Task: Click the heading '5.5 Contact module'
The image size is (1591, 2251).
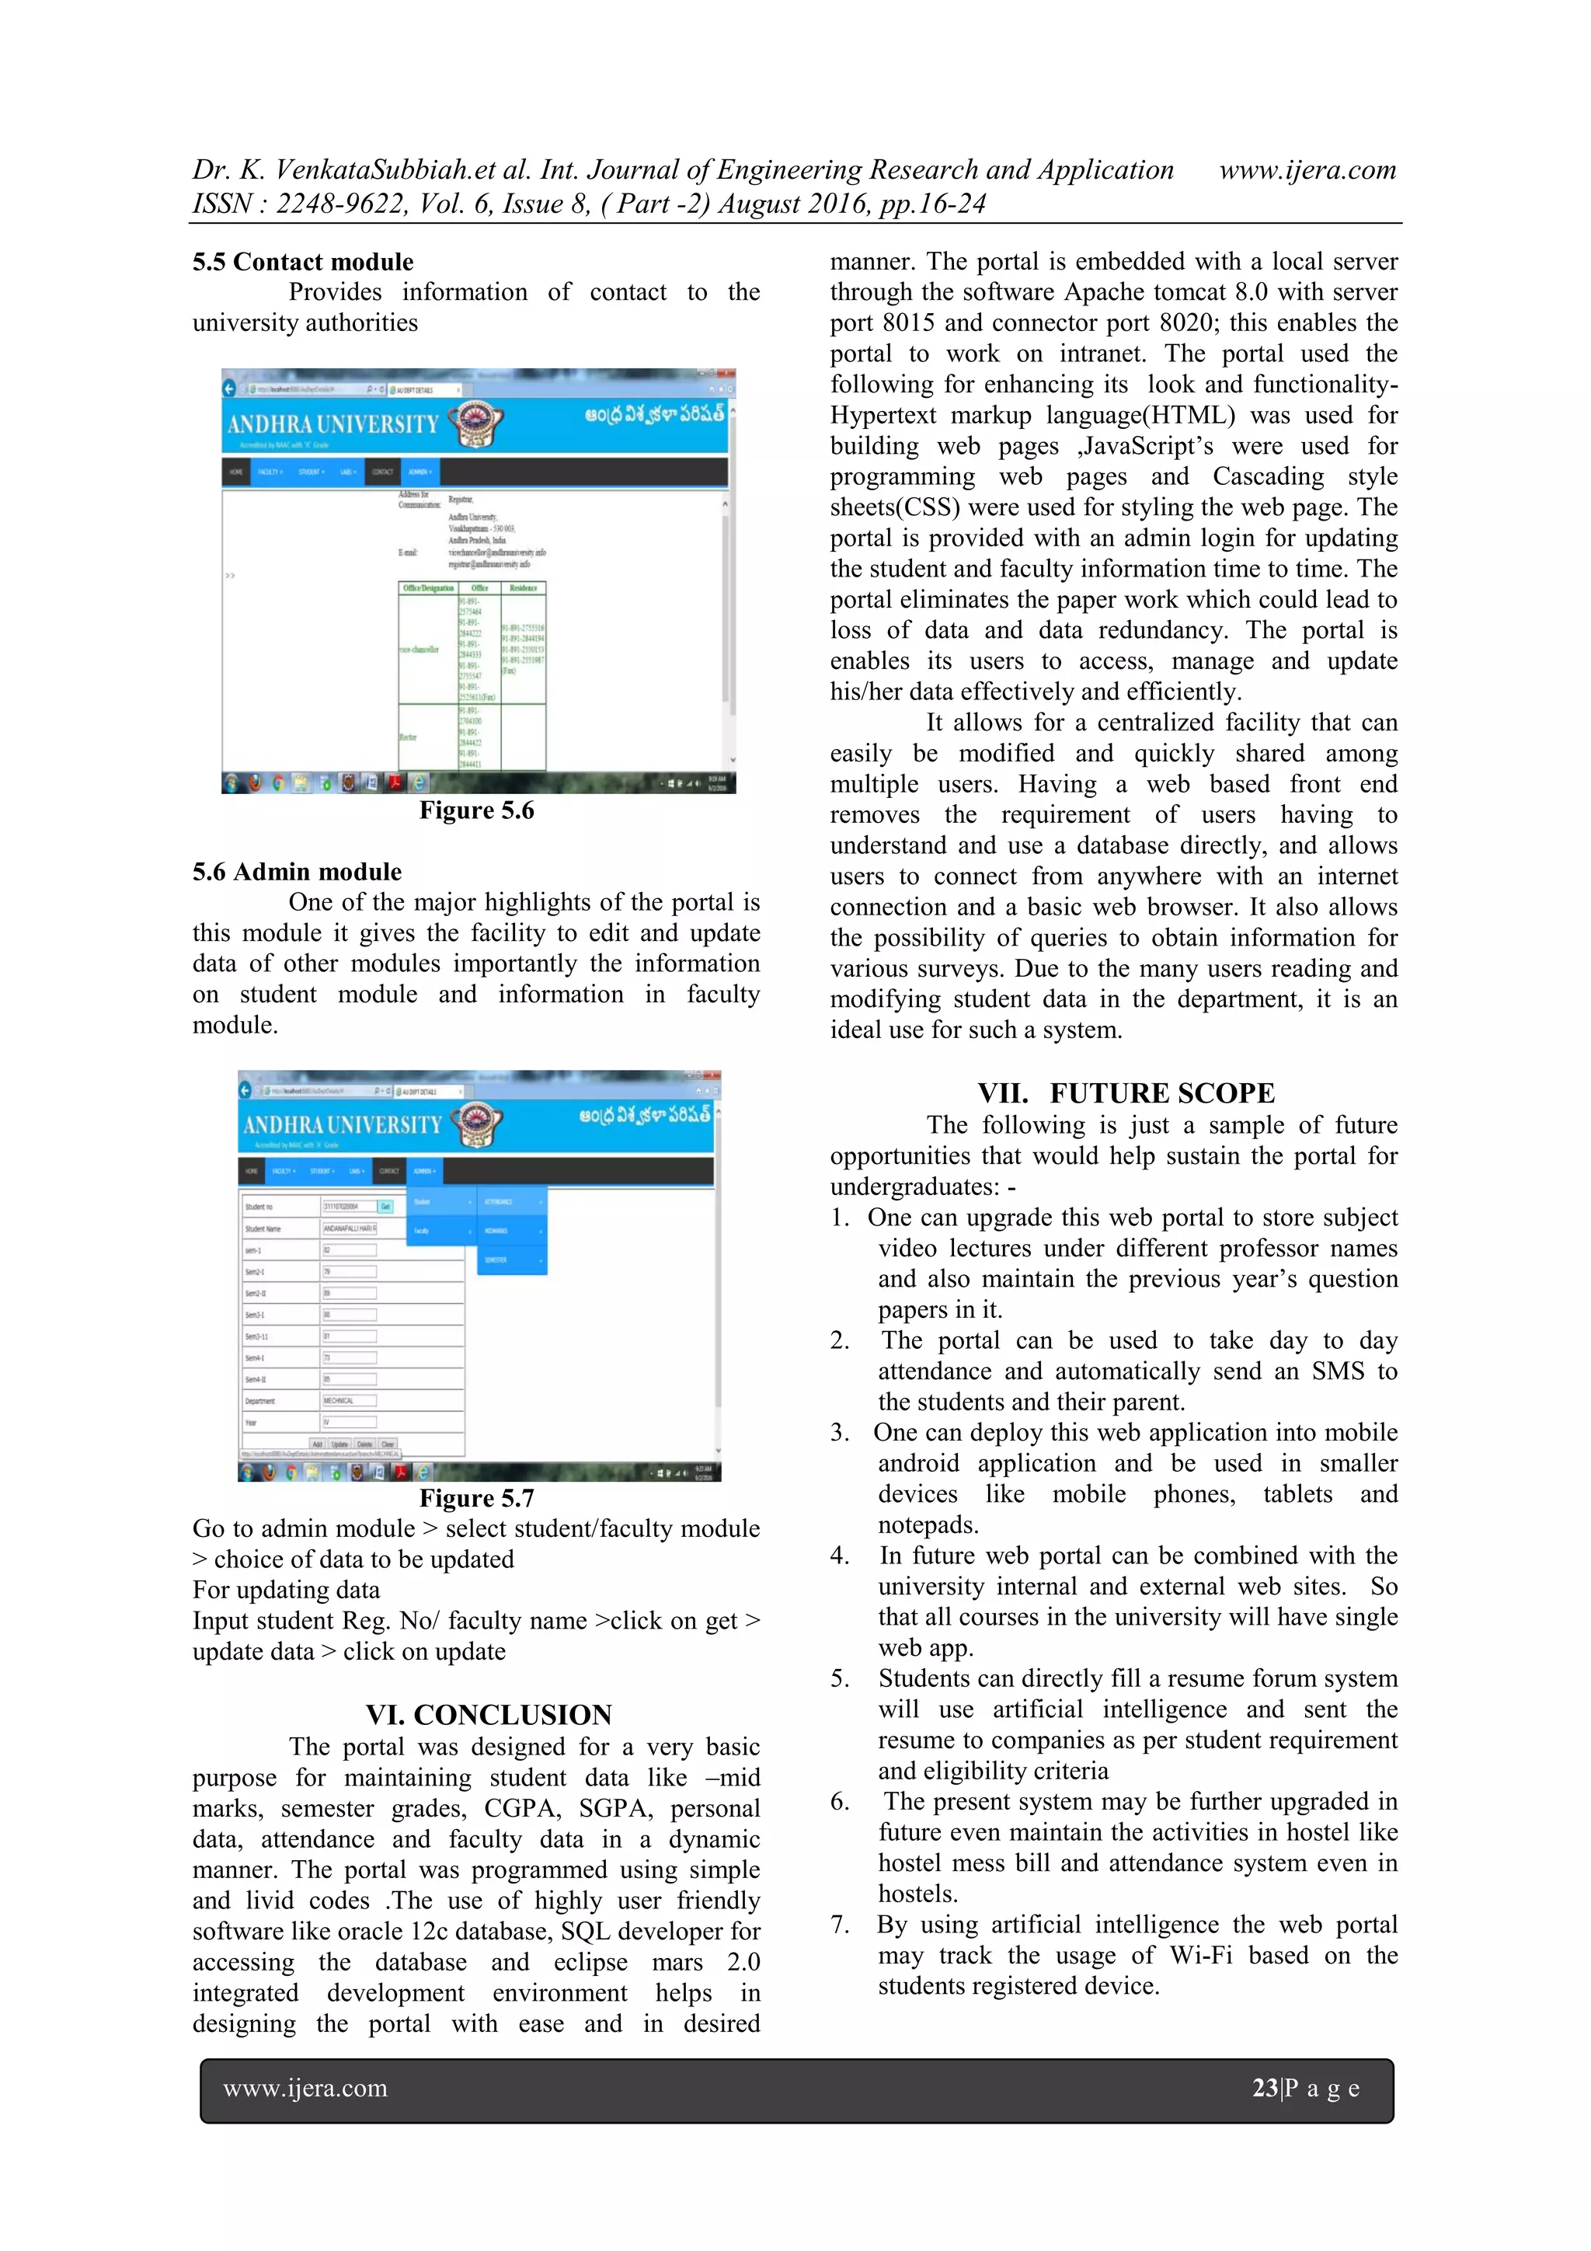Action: click(x=302, y=262)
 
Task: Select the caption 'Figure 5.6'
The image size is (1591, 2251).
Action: click(x=476, y=810)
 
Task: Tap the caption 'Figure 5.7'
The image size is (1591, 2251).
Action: click(x=476, y=1498)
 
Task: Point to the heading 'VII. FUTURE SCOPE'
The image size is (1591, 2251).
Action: click(x=1126, y=1093)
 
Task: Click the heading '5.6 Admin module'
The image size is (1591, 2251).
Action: click(x=296, y=872)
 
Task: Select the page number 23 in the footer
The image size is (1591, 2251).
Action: click(x=1264, y=2089)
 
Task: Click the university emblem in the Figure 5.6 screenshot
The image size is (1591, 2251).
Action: click(x=475, y=423)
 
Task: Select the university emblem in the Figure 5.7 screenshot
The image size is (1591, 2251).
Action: click(x=476, y=1124)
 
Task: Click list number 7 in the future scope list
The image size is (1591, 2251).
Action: click(x=839, y=1925)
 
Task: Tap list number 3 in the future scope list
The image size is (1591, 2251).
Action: click(x=839, y=1432)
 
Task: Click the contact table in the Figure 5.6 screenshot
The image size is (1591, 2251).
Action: click(x=472, y=674)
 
